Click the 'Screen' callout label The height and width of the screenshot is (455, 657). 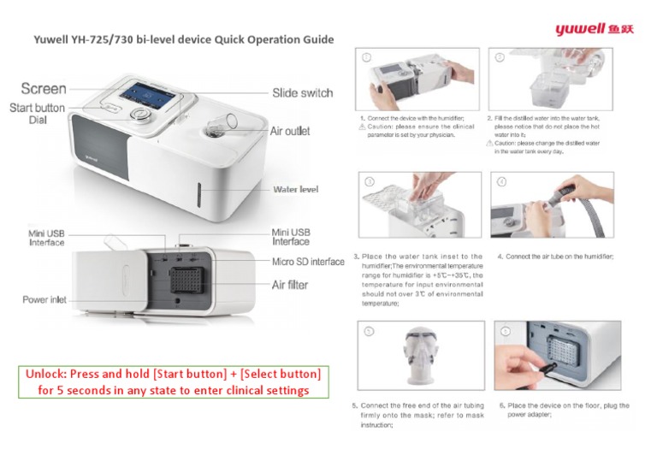pyautogui.click(x=43, y=88)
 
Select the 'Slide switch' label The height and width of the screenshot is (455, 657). pyautogui.click(x=302, y=92)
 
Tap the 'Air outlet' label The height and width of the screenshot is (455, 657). pyautogui.click(x=290, y=132)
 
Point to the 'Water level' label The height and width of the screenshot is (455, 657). pyautogui.click(x=295, y=189)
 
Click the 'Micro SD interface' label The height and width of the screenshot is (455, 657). pyautogui.click(x=308, y=261)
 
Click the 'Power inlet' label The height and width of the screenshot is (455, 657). pyautogui.click(x=44, y=300)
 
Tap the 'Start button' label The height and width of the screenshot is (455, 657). pyautogui.click(x=37, y=108)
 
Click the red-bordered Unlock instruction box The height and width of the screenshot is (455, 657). pyautogui.click(x=173, y=382)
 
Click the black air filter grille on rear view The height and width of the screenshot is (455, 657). pyautogui.click(x=186, y=283)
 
